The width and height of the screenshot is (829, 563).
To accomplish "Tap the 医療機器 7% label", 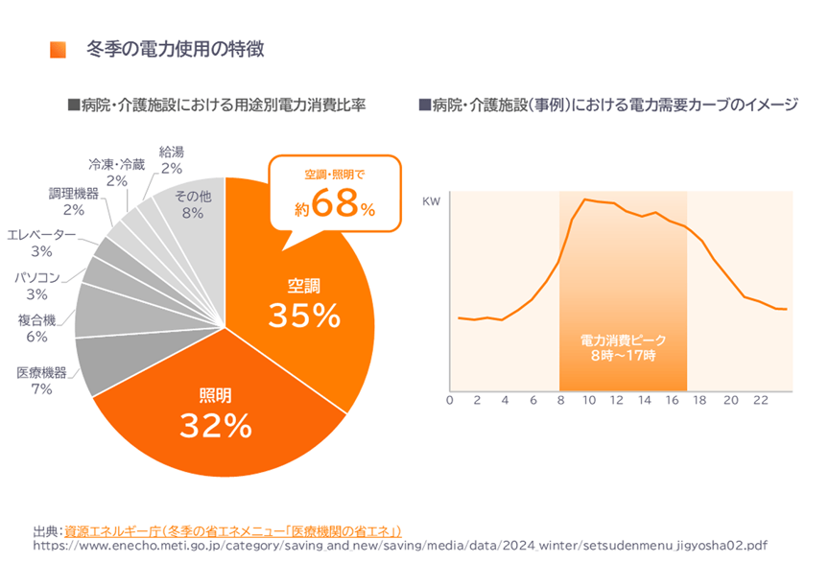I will (x=41, y=381).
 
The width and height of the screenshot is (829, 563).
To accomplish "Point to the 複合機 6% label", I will (x=36, y=328).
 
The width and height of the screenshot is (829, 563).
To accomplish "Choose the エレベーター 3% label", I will (x=41, y=243).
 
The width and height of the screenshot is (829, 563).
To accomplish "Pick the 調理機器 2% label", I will (x=74, y=201).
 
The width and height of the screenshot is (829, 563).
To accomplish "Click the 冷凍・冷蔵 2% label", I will (x=117, y=172).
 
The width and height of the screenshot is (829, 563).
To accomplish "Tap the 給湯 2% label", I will (x=172, y=160).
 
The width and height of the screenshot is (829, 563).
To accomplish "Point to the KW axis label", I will (x=432, y=202).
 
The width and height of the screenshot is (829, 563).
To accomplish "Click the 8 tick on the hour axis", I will (x=560, y=401).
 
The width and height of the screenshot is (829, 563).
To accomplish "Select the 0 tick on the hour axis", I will (x=449, y=401).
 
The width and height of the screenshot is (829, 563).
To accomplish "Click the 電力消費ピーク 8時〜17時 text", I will (x=623, y=348).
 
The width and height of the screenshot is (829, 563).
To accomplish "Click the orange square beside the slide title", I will (x=59, y=48).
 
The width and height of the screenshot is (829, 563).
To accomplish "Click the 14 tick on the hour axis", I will (x=645, y=401).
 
